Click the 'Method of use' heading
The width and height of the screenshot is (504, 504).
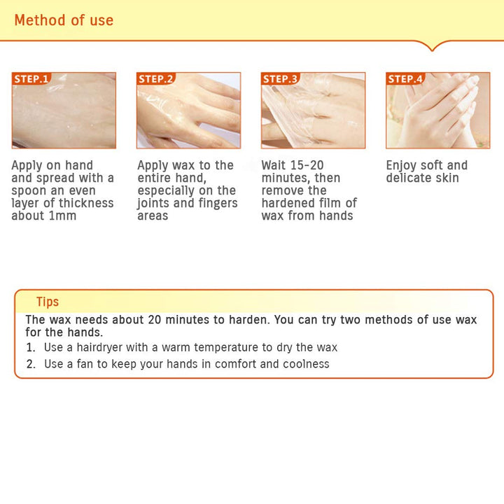pyautogui.click(x=64, y=20)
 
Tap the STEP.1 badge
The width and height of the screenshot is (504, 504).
pyautogui.click(x=31, y=78)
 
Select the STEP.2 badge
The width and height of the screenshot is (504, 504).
pyautogui.click(x=156, y=78)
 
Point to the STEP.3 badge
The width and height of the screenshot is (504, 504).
pyautogui.click(x=281, y=78)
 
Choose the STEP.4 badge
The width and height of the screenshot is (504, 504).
pyautogui.click(x=405, y=78)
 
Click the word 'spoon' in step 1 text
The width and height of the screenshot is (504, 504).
pyautogui.click(x=29, y=191)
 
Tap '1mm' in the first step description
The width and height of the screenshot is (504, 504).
pyautogui.click(x=62, y=216)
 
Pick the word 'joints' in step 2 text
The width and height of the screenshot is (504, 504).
pyautogui.click(x=153, y=204)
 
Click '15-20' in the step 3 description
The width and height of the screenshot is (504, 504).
pyautogui.click(x=308, y=165)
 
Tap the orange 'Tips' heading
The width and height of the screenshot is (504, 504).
pyautogui.click(x=48, y=302)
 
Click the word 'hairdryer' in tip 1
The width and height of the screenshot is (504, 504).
pyautogui.click(x=99, y=347)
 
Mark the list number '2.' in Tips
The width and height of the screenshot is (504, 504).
pyautogui.click(x=31, y=364)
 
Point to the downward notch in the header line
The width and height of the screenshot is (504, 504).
pyautogui.click(x=433, y=48)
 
